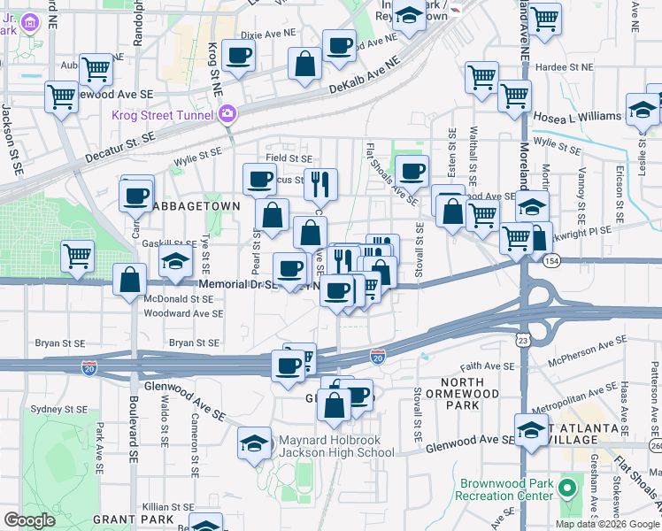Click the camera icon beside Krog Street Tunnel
(227, 114)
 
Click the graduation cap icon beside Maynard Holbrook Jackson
(254, 442)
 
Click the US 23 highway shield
(523, 339)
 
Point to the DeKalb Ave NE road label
(364, 76)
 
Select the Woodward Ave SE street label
(183, 313)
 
